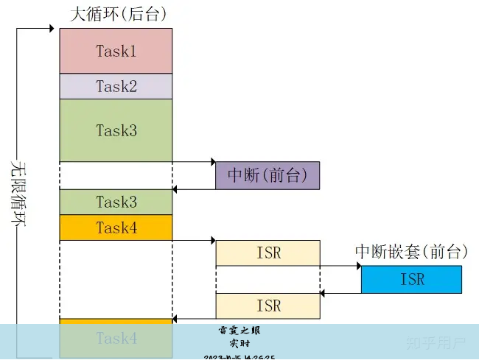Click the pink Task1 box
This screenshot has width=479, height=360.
116,51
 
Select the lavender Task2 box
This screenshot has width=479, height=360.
116,86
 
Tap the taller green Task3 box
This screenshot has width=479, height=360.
116,130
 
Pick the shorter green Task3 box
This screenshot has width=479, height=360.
116,202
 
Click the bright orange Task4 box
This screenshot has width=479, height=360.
116,227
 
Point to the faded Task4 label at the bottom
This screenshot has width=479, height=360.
116,339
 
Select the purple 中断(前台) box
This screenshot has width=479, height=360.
268,175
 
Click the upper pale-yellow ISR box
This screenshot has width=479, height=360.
268,253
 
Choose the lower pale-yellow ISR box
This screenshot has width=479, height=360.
268,305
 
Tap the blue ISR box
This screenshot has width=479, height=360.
412,279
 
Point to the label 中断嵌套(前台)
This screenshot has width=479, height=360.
412,252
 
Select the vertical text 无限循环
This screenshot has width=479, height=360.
18,195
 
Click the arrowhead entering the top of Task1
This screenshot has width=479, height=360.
55,29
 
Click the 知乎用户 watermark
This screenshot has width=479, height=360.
436,342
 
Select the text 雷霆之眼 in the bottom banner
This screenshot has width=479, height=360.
239,330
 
